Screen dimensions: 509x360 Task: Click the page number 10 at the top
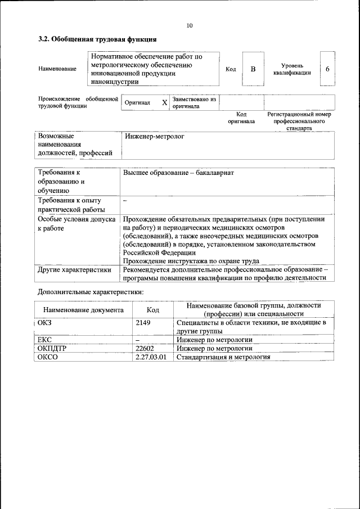[189, 25]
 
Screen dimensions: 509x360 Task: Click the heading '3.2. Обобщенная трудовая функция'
[97, 39]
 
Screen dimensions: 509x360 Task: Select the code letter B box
[253, 69]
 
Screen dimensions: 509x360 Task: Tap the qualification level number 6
[327, 69]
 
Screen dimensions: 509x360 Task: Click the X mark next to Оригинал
[164, 103]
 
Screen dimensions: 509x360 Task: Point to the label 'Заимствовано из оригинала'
[194, 102]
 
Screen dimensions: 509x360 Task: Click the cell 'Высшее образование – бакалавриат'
[178, 173]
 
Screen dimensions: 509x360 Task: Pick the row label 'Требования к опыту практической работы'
[69, 205]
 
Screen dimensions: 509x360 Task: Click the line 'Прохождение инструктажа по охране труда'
[190, 261]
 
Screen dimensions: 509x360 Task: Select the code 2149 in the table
[144, 323]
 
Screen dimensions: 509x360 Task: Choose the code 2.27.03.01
[151, 357]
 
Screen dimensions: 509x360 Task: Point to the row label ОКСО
[48, 357]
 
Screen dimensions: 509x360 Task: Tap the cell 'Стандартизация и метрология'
[223, 357]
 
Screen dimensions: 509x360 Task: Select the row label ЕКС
[45, 340]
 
